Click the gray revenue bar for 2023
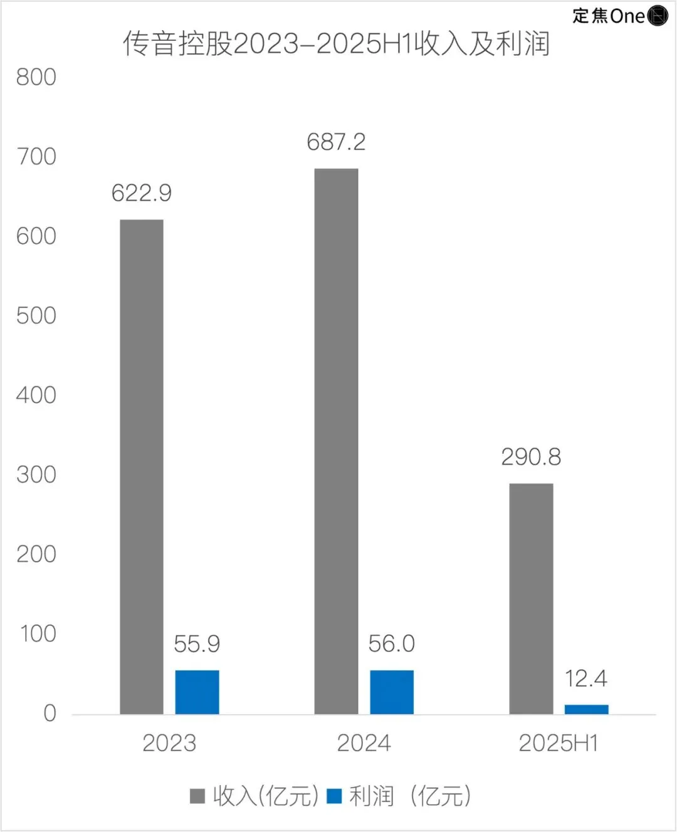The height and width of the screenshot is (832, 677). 142,466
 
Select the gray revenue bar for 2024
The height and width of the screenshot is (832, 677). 336,441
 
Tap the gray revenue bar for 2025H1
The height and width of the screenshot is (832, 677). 531,598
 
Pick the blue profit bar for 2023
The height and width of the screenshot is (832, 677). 197,692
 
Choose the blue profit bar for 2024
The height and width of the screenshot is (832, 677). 392,692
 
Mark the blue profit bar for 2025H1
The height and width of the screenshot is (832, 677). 586,709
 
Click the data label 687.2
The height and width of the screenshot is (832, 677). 336,142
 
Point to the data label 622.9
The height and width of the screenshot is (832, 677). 142,193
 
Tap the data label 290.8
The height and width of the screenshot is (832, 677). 531,457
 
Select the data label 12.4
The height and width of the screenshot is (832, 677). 586,678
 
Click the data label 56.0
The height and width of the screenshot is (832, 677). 392,644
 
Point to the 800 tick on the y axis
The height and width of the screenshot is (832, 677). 36,77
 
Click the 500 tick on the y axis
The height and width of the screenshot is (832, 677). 36,315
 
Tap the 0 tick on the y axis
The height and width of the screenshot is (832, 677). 50,714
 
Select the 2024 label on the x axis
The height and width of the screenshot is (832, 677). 364,743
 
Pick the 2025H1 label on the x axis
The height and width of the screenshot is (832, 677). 559,743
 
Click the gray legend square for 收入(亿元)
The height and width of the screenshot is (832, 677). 197,796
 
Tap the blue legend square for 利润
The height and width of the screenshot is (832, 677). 334,796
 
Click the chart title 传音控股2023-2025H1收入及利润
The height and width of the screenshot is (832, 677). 337,44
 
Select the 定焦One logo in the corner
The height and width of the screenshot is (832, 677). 620,16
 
